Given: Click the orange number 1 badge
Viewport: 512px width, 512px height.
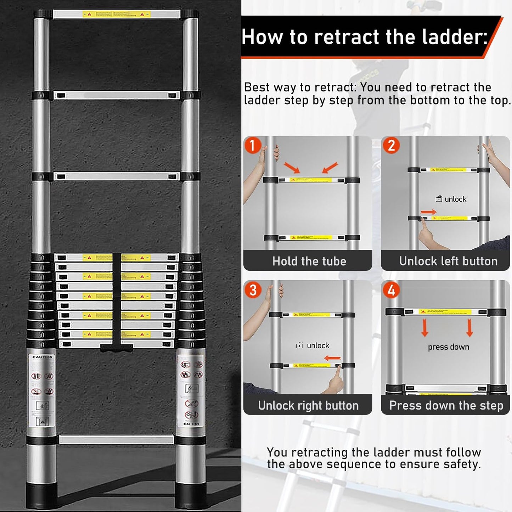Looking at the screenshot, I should point(253,145).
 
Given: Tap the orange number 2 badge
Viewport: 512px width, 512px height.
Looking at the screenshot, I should point(391,146).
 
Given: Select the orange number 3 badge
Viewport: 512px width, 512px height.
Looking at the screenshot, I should point(253,290).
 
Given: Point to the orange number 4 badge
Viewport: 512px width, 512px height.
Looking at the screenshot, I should point(391,290).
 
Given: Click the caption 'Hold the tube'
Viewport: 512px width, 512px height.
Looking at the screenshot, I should point(309,261).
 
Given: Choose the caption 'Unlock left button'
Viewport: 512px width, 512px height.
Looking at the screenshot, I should point(448,261).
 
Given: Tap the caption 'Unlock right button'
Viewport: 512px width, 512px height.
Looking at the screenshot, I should point(308,405).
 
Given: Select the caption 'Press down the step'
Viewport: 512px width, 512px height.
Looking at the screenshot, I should point(446,405).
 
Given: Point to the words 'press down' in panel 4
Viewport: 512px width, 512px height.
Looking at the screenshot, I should point(448,347).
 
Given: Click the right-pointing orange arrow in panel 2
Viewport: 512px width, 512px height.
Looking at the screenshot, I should point(428,212).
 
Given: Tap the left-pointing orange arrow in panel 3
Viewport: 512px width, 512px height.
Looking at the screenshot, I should point(332,358).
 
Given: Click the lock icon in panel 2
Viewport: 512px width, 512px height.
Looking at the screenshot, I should point(439,199).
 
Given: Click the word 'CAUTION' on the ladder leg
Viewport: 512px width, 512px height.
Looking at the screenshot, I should point(43,357).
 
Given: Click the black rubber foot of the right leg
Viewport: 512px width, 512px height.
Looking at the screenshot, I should point(191,495).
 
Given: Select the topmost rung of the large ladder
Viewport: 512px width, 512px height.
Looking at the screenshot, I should point(117,15).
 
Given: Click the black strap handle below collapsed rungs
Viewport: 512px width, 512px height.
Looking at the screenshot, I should point(117,348).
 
